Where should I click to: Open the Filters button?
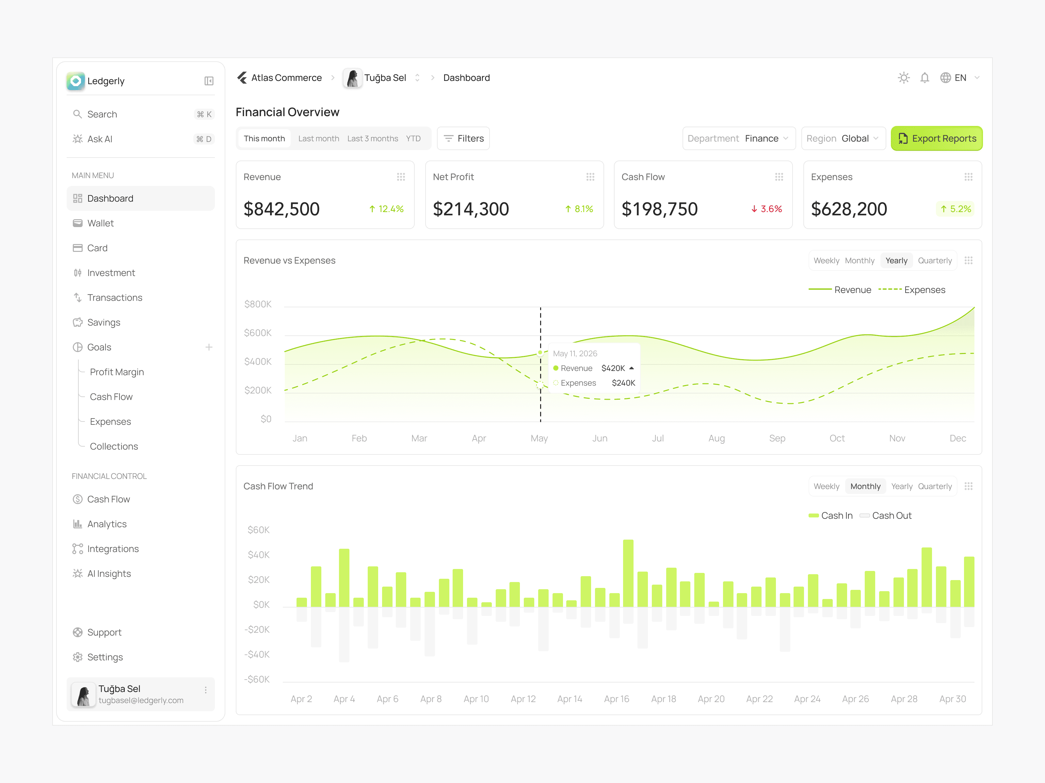click(x=463, y=138)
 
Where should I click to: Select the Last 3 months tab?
click(x=373, y=138)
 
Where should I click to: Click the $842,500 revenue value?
click(x=281, y=208)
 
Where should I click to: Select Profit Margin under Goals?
click(x=117, y=372)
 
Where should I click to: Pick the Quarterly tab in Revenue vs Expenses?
click(x=934, y=261)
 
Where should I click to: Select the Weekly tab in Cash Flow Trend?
click(x=826, y=486)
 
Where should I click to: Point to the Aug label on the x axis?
click(x=716, y=438)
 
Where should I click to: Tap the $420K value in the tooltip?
click(x=613, y=368)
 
